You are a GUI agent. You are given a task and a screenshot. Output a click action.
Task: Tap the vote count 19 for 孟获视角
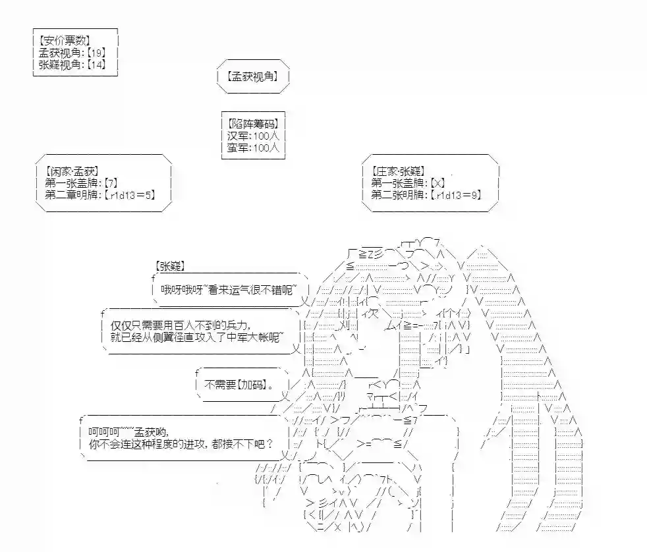coord(96,53)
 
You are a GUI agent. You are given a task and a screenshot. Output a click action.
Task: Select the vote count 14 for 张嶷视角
coord(96,65)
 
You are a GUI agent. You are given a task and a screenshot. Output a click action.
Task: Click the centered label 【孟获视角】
coord(253,76)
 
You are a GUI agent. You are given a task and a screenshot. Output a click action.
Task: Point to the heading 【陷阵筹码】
coord(252,123)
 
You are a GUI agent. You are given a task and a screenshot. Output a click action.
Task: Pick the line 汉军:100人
coord(254,136)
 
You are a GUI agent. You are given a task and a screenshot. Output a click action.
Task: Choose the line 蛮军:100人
coord(254,148)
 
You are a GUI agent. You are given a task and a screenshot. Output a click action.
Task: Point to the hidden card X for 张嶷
coord(439,183)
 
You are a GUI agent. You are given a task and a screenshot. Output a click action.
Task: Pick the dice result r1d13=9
coord(459,195)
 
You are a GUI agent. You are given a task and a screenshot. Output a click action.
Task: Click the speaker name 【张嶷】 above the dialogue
coord(171,265)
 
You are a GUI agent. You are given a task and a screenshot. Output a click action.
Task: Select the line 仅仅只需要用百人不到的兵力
coord(181,325)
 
